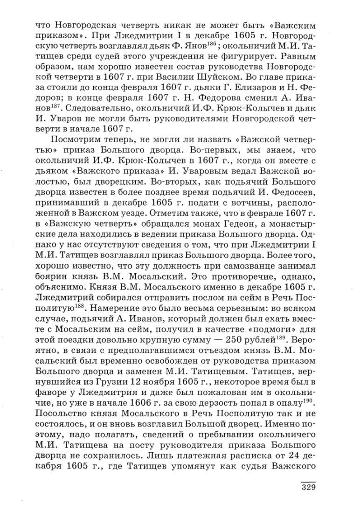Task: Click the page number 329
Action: point(306,487)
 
